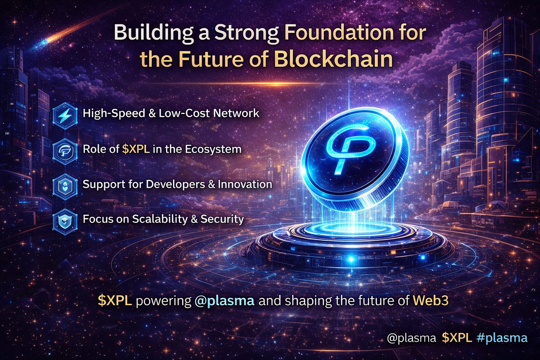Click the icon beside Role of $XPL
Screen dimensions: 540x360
[65, 151]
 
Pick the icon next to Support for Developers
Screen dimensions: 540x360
[65, 186]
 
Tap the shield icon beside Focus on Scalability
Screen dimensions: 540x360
[65, 221]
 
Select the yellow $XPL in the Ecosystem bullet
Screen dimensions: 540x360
[136, 149]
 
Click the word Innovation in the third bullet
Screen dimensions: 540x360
[245, 184]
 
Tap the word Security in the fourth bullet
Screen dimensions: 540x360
[222, 219]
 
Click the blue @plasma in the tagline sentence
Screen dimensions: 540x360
[224, 301]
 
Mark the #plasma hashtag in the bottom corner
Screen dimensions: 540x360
[502, 338]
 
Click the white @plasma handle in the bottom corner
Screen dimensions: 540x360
[412, 338]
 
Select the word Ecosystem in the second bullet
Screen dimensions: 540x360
[213, 149]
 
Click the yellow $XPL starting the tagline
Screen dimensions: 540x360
[115, 301]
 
